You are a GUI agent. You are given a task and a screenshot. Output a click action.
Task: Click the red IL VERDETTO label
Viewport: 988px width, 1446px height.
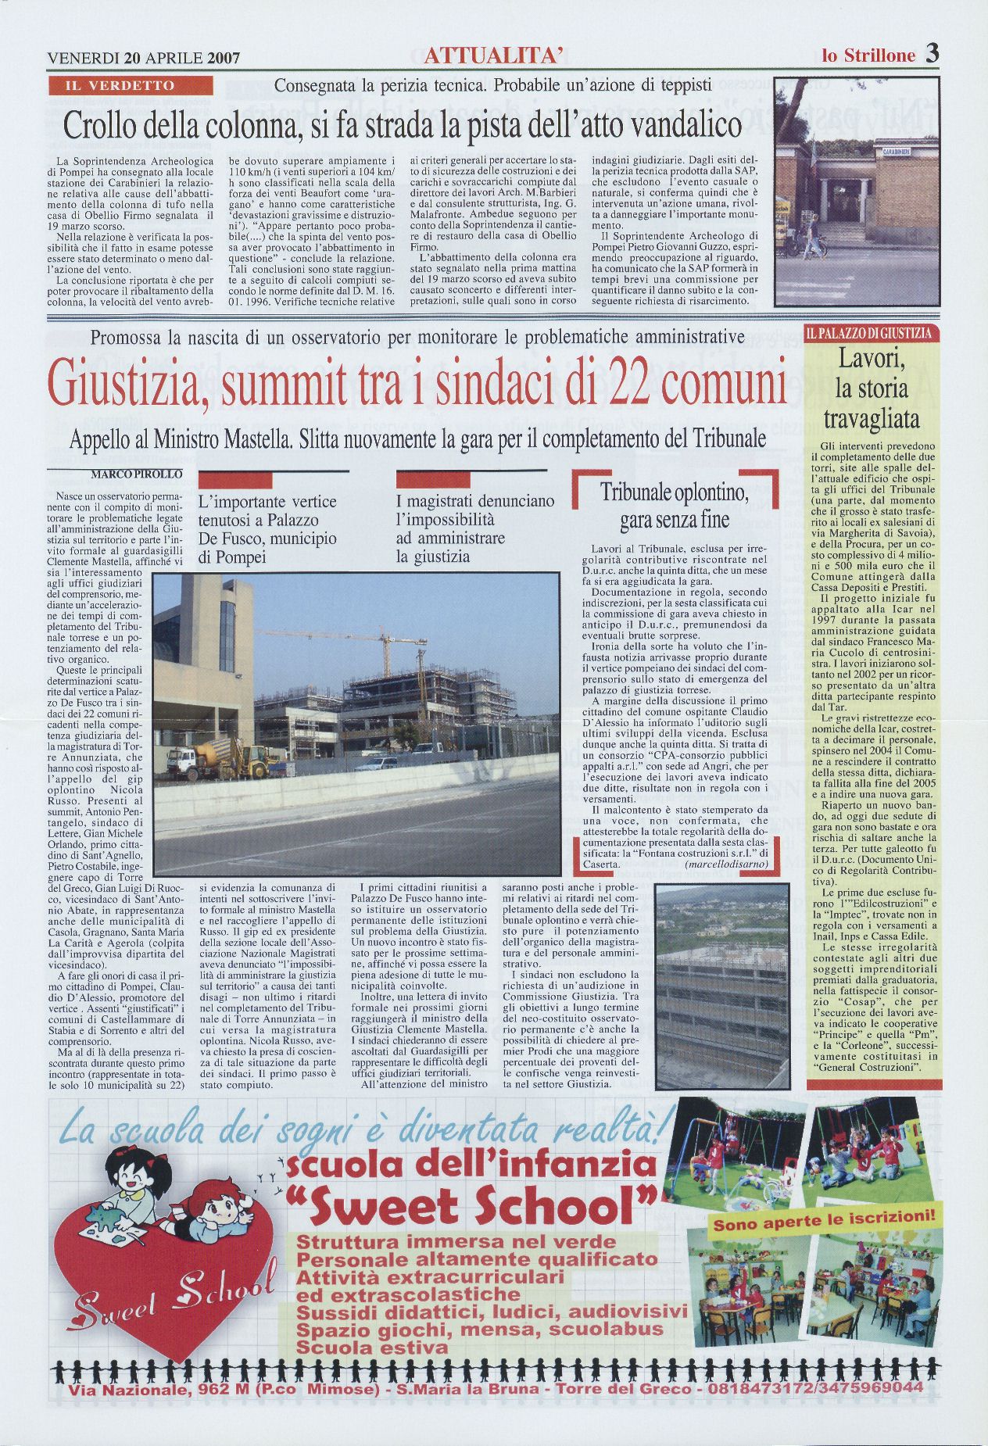click(131, 86)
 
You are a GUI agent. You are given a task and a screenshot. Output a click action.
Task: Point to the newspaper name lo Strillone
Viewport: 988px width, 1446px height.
click(868, 55)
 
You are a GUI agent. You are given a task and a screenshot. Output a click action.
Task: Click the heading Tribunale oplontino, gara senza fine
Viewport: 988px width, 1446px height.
click(675, 506)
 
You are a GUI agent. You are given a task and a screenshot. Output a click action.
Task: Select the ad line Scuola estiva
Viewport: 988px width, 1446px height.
click(373, 1348)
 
